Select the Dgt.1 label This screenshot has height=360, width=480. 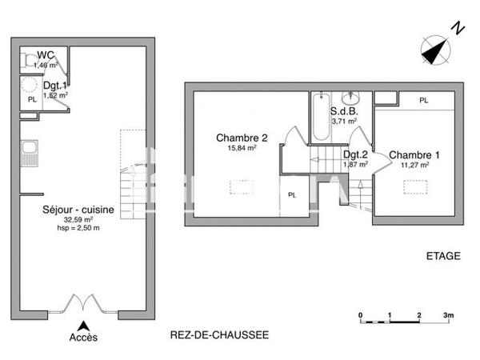point(54,86)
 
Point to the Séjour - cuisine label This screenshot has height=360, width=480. point(78,210)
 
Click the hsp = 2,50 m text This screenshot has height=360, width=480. point(78,227)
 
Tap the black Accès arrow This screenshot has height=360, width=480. point(83,324)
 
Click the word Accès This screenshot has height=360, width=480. point(83,338)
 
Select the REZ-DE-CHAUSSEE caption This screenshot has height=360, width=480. point(220,334)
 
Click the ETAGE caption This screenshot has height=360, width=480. point(442,256)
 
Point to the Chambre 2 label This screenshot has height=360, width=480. point(236,137)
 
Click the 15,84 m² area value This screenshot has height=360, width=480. point(236,147)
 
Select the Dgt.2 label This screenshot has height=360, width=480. point(355,154)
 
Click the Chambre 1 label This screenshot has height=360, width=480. point(410,154)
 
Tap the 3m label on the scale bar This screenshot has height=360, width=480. point(449,315)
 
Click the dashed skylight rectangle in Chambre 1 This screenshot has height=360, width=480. point(414,186)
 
